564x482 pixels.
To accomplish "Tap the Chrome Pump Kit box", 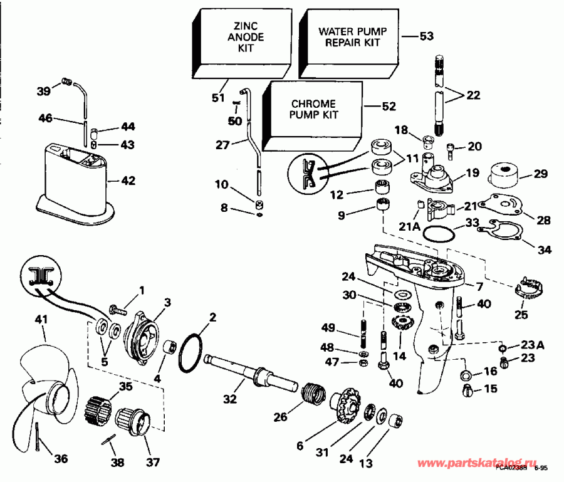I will tap(314, 109).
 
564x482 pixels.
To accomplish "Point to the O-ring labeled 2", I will tap(191, 353).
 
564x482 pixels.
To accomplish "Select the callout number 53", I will tap(426, 37).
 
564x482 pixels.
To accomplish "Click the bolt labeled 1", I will tap(118, 309).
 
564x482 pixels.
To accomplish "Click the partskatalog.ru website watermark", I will tap(483, 463).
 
